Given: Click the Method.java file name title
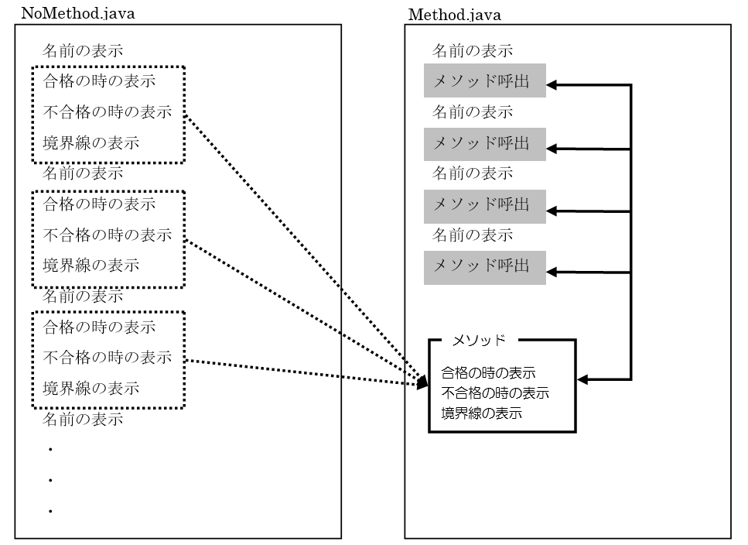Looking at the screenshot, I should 455,13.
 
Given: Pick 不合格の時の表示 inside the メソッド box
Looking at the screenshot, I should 495,392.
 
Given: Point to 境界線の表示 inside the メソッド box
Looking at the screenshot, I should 481,413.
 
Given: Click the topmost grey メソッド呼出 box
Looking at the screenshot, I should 484,81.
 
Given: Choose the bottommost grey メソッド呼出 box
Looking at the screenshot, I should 484,266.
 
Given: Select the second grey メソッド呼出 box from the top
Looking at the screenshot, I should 484,143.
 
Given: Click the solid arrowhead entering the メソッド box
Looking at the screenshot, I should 583,379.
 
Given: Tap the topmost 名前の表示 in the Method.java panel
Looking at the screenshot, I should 472,51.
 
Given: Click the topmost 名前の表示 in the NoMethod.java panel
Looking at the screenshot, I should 83,51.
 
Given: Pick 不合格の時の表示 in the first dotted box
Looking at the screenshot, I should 107,111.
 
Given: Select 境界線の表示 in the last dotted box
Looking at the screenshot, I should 91,389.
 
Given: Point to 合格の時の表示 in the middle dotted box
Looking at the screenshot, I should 99,204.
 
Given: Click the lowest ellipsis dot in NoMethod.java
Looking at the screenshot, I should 50,511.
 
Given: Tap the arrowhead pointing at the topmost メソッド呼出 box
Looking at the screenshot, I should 552,84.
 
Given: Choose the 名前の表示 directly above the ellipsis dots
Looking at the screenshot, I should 83,420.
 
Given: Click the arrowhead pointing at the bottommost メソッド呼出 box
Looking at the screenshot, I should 552,272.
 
